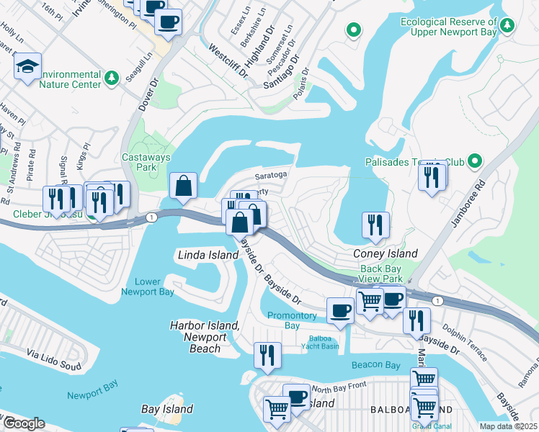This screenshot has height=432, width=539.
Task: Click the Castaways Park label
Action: [139, 162]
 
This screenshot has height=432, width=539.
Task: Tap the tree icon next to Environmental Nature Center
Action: [112, 76]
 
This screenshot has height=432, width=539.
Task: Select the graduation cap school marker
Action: [28, 68]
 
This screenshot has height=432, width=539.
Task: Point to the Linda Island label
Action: [208, 256]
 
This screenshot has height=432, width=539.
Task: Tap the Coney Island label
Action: [385, 254]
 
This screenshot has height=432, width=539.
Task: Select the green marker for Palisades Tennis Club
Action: [475, 161]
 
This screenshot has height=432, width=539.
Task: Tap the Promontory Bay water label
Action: [292, 320]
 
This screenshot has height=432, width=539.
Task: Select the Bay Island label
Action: [166, 409]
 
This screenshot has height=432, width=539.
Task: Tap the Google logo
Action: [24, 423]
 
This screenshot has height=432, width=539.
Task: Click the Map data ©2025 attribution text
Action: [508, 426]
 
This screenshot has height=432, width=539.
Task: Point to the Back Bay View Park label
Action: [381, 273]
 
